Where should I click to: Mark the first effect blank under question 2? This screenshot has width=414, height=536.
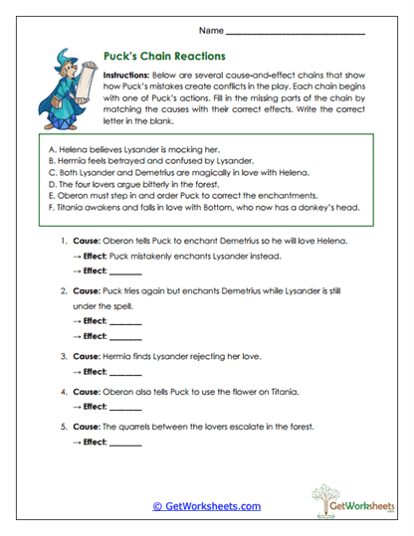pos(125,324)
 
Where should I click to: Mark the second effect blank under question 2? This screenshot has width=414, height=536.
pos(125,339)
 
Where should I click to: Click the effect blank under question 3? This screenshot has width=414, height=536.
pos(125,373)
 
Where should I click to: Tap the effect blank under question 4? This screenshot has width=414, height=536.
pos(125,407)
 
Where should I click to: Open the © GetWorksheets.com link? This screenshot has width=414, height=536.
pos(206,506)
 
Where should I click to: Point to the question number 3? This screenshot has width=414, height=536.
pos(63,354)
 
